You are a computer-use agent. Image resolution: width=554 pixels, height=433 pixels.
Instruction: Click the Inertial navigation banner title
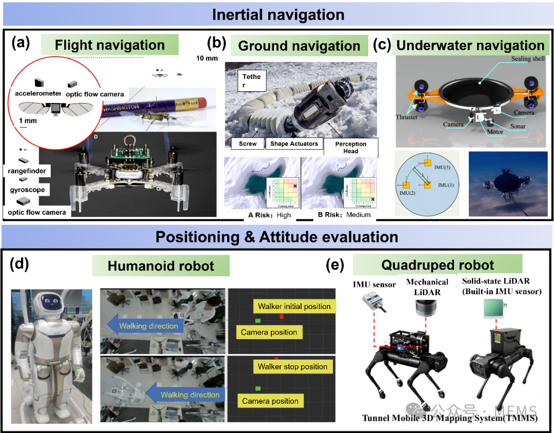[x=278, y=15]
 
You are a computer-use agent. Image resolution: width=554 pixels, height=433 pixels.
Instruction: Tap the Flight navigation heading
[x=110, y=45]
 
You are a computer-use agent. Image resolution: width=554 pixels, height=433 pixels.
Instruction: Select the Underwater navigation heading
[x=470, y=45]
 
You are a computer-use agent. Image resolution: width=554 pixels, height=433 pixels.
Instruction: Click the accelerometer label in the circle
[x=38, y=93]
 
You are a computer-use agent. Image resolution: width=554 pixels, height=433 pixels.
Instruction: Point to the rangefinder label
[x=27, y=171]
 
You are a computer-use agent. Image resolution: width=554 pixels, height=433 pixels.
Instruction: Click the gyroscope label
[x=27, y=190]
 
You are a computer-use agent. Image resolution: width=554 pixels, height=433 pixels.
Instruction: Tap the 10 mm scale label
[x=207, y=58]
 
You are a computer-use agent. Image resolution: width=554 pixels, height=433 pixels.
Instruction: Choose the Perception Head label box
[x=350, y=147]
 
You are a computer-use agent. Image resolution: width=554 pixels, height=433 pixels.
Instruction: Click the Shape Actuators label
[x=294, y=144]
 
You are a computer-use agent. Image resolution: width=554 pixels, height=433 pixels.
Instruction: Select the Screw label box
[x=248, y=144]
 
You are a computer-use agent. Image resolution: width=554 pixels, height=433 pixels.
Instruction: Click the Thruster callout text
[x=407, y=117]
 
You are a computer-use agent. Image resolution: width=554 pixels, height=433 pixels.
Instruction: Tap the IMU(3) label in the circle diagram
[x=443, y=167]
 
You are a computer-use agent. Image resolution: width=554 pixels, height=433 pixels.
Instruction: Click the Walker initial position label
[x=294, y=306]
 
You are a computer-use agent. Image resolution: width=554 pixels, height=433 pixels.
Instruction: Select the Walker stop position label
[x=292, y=366]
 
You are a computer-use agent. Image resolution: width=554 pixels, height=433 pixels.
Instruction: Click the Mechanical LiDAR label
[x=427, y=286]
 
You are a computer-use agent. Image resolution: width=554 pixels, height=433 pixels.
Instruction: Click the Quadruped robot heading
[x=437, y=265]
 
